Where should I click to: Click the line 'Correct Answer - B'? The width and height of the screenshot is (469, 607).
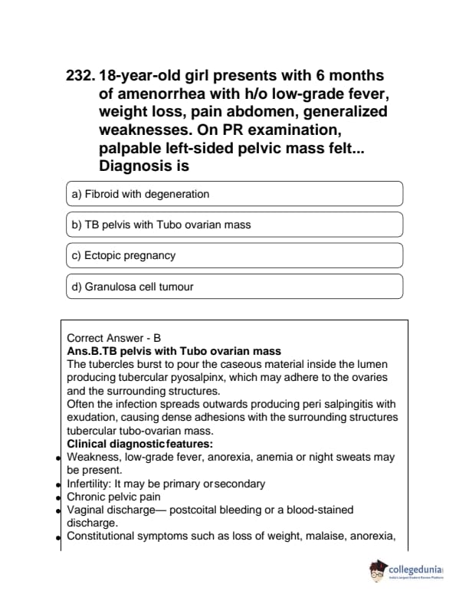pyautogui.click(x=114, y=337)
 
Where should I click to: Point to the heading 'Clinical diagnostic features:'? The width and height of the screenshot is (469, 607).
pyautogui.click(x=139, y=444)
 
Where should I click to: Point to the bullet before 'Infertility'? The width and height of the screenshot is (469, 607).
pyautogui.click(x=58, y=485)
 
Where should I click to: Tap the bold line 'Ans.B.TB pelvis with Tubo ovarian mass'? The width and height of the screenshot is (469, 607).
pyautogui.click(x=174, y=350)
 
